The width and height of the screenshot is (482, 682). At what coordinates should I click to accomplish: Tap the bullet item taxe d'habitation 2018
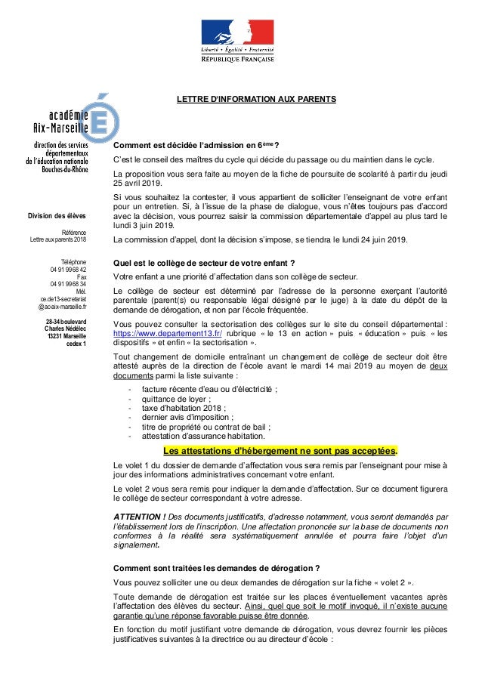point(174,407)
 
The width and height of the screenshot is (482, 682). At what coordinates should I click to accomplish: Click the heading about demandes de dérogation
point(215,567)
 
